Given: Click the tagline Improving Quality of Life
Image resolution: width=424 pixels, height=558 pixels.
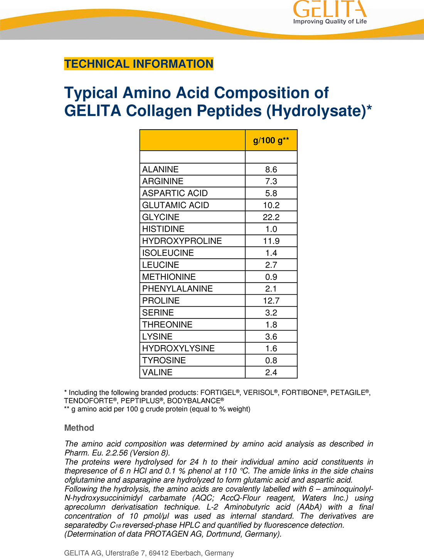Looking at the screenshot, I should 330,22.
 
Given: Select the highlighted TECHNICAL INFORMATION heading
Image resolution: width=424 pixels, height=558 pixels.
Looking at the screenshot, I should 138,64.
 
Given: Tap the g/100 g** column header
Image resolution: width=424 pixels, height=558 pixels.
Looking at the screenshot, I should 271,140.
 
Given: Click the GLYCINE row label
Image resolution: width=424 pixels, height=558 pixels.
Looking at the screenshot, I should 161,217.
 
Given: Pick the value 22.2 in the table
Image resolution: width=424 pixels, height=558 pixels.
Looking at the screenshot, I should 271,217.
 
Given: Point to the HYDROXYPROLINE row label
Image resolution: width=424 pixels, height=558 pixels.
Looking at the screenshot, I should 182,241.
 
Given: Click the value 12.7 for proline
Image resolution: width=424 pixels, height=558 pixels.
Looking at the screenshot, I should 271,301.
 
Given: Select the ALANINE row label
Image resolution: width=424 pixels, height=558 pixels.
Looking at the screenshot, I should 160,169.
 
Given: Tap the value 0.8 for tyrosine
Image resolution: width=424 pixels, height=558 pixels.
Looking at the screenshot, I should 271,361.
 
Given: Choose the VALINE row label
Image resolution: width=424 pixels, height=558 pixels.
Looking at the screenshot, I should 157,373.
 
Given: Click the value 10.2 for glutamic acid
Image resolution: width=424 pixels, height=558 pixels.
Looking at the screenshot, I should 271,205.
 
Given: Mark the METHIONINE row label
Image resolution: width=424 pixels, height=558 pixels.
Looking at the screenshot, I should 169,277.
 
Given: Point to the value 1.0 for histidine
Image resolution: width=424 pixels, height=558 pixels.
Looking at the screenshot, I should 271,229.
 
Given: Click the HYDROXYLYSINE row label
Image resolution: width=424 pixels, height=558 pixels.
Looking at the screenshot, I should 178,349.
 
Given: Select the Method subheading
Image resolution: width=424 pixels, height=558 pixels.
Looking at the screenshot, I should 79,428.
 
